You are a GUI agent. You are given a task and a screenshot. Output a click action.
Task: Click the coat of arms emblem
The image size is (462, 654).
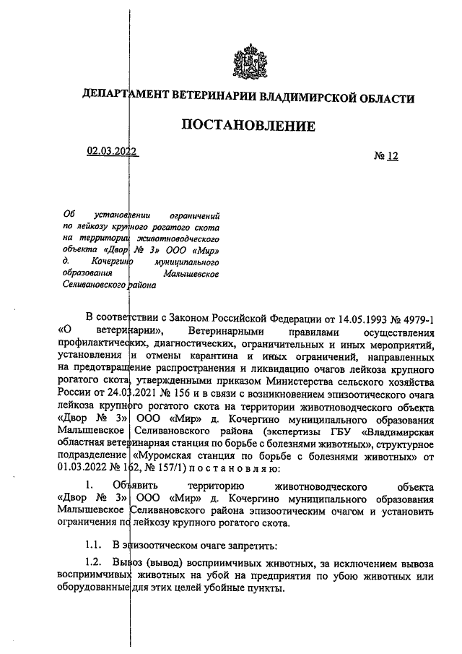pyautogui.click(x=248, y=62)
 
